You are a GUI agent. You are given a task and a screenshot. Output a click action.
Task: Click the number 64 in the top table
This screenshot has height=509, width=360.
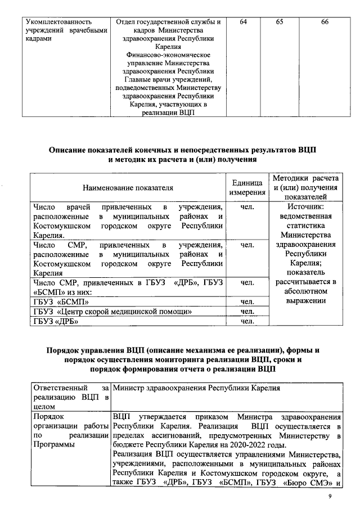pyautogui.click(x=243, y=22)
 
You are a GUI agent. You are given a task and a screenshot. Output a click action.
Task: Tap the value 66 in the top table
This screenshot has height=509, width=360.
pyautogui.click(x=325, y=22)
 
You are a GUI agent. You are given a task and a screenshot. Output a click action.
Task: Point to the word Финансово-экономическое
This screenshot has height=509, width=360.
pyautogui.click(x=169, y=55)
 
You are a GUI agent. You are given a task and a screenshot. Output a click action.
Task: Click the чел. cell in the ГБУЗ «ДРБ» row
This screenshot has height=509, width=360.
pyautogui.click(x=247, y=322)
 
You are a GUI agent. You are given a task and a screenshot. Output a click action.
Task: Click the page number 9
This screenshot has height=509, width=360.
pyautogui.click(x=331, y=497)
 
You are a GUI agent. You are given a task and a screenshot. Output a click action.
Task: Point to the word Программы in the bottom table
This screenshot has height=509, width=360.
pyautogui.click(x=56, y=444)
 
